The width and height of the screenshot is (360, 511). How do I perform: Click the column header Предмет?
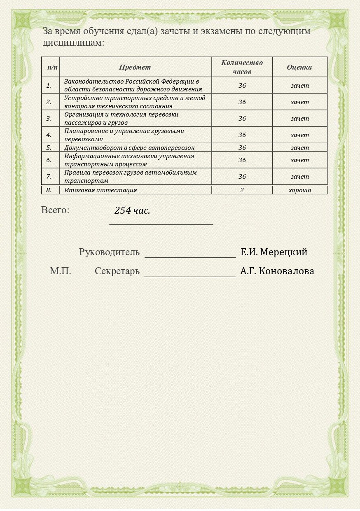(x=135, y=67)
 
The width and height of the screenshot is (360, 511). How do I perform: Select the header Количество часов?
(x=242, y=67)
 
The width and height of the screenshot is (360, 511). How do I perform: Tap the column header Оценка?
(x=299, y=67)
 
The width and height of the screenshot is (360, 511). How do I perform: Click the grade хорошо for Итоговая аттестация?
(x=299, y=190)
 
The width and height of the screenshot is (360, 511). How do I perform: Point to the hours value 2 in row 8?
(x=242, y=190)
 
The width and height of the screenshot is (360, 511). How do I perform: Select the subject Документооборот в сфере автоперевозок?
(x=129, y=147)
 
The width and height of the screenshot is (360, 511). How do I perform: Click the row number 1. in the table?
(x=49, y=86)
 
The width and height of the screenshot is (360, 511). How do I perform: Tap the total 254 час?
(x=132, y=210)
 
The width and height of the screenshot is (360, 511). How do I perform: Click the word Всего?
(x=55, y=210)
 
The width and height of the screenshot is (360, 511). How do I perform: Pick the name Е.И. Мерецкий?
(x=274, y=252)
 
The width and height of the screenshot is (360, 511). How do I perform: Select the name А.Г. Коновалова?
(x=277, y=271)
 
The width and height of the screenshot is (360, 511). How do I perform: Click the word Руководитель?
(x=109, y=252)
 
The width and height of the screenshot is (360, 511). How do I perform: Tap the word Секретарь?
(x=117, y=271)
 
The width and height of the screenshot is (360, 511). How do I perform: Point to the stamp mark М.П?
(x=61, y=271)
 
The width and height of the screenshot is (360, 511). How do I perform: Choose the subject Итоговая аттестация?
(x=101, y=190)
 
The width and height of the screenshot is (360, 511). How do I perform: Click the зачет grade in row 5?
(x=299, y=147)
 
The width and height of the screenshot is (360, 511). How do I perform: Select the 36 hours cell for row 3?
(x=242, y=119)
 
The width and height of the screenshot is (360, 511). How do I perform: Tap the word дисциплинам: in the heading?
(x=73, y=42)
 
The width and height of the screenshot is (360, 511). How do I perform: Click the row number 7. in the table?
(x=49, y=177)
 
